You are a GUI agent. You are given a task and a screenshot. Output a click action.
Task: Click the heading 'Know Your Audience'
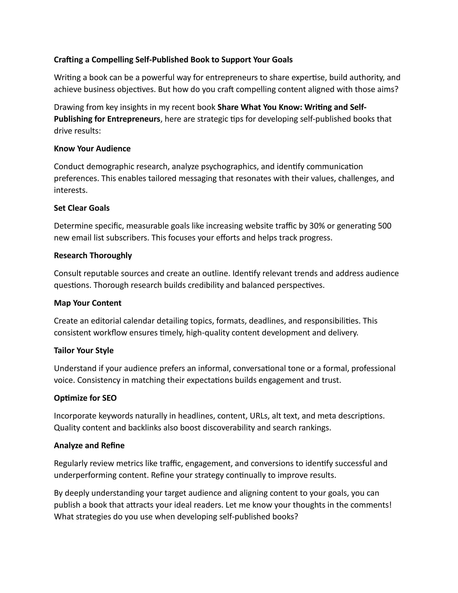tap(92, 149)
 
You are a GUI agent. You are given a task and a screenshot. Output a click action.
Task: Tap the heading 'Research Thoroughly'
tap(93, 256)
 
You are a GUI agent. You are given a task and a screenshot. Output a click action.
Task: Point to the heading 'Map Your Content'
tap(88, 303)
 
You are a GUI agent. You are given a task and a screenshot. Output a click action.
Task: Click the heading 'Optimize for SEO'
tap(85, 398)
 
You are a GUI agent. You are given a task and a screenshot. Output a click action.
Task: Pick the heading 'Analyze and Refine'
tap(89, 446)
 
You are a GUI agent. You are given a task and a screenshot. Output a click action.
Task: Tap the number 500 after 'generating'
tap(384, 226)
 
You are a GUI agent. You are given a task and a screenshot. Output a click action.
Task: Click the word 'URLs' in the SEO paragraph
tap(260, 416)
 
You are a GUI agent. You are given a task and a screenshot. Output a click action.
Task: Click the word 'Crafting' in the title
tap(68, 60)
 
